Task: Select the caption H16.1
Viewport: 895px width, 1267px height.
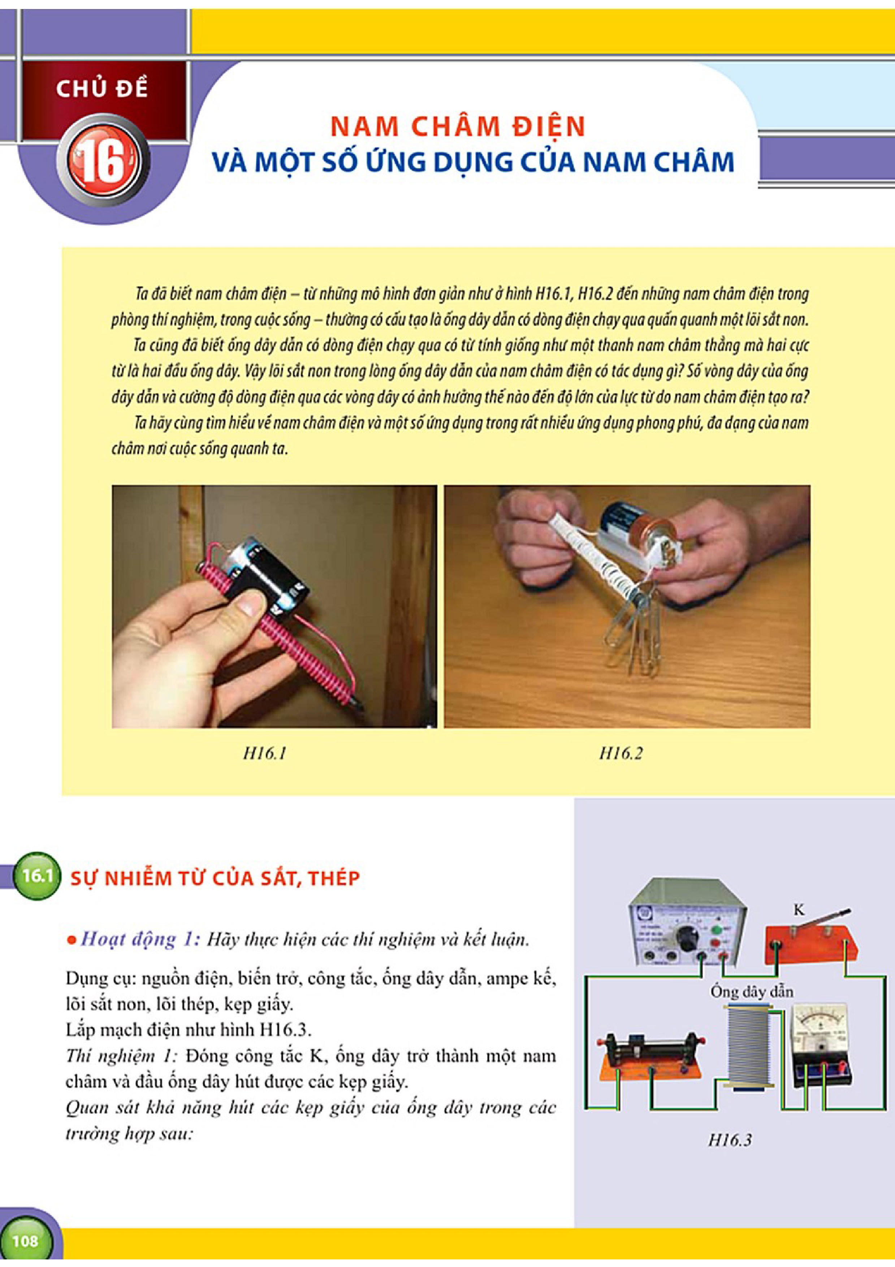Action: pyautogui.click(x=265, y=753)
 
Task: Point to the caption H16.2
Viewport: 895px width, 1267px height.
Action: pyautogui.click(x=621, y=753)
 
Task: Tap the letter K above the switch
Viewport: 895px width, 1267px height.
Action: pyautogui.click(x=799, y=910)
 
